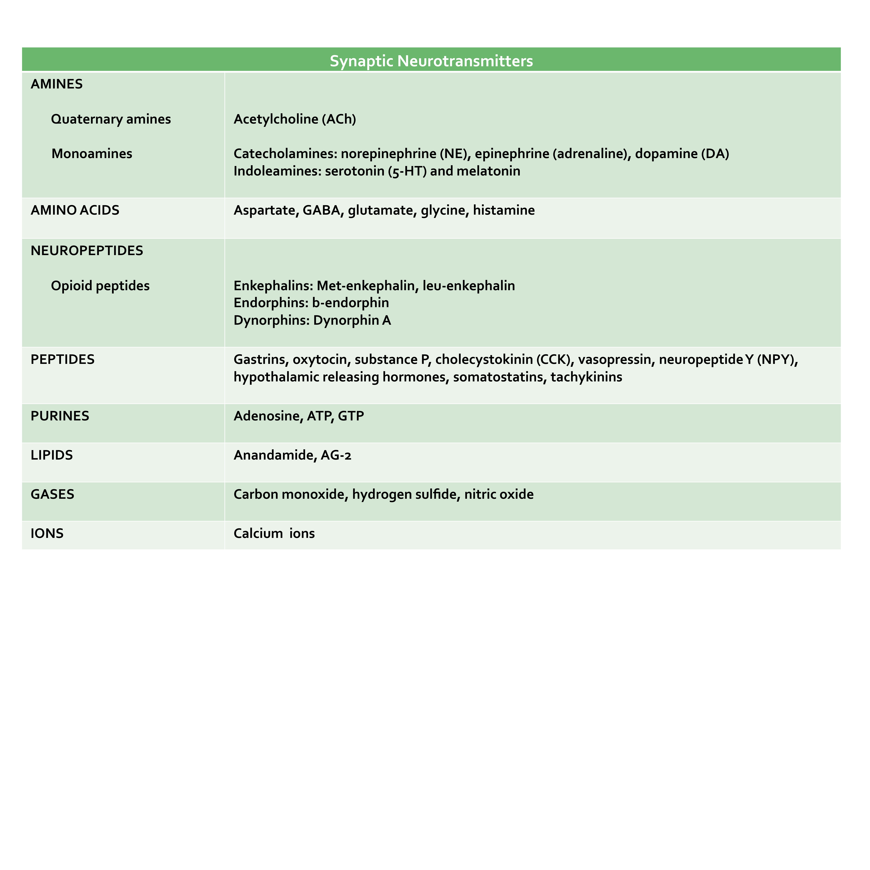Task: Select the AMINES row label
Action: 57,84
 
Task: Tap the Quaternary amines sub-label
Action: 111,119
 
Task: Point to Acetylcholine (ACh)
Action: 295,119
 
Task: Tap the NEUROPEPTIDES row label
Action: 87,251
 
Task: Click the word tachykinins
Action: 586,377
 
